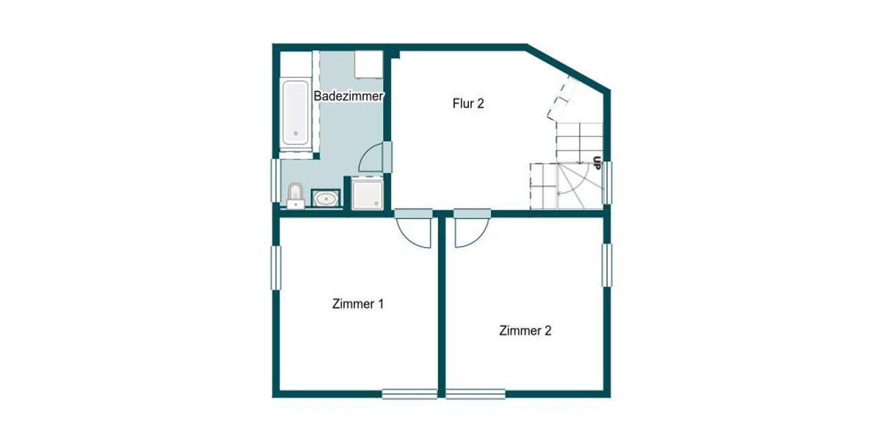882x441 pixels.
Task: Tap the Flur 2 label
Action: pyautogui.click(x=467, y=104)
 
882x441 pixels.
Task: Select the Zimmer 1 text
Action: pyautogui.click(x=358, y=304)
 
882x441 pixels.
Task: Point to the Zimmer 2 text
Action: pyautogui.click(x=525, y=331)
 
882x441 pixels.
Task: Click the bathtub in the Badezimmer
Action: pyautogui.click(x=295, y=112)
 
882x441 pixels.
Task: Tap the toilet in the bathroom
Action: pyautogui.click(x=295, y=195)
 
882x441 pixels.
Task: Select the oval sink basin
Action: pyautogui.click(x=326, y=198)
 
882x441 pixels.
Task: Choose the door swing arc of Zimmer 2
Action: pyautogui.click(x=466, y=232)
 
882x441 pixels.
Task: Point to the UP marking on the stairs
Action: pyautogui.click(x=597, y=162)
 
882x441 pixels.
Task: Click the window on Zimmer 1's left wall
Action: pyautogui.click(x=276, y=268)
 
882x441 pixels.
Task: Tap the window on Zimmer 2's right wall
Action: pyautogui.click(x=607, y=264)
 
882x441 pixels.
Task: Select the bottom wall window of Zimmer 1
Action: pyautogui.click(x=409, y=394)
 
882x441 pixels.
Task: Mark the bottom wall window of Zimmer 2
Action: pyautogui.click(x=476, y=394)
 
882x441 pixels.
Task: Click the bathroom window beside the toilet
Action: pyautogui.click(x=276, y=180)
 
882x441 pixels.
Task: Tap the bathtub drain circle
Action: pyautogui.click(x=295, y=135)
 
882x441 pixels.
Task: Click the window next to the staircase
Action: pyautogui.click(x=607, y=182)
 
